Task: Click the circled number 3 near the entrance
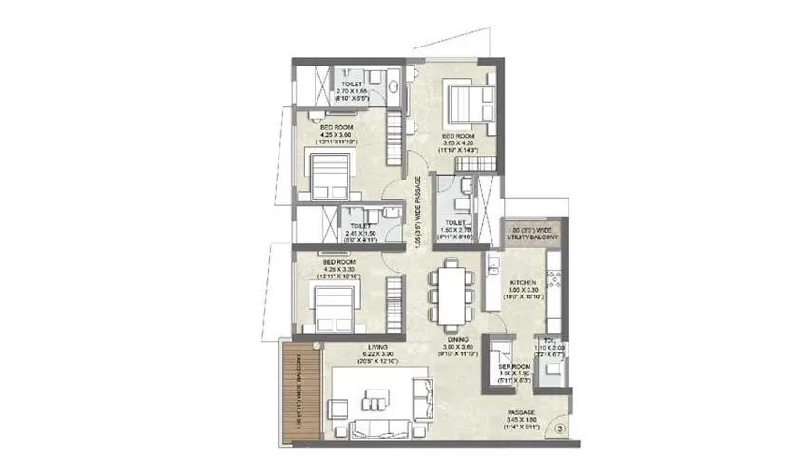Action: click(560, 428)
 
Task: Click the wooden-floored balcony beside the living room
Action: click(302, 389)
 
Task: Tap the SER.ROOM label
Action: click(514, 367)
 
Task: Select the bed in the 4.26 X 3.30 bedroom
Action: click(328, 305)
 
